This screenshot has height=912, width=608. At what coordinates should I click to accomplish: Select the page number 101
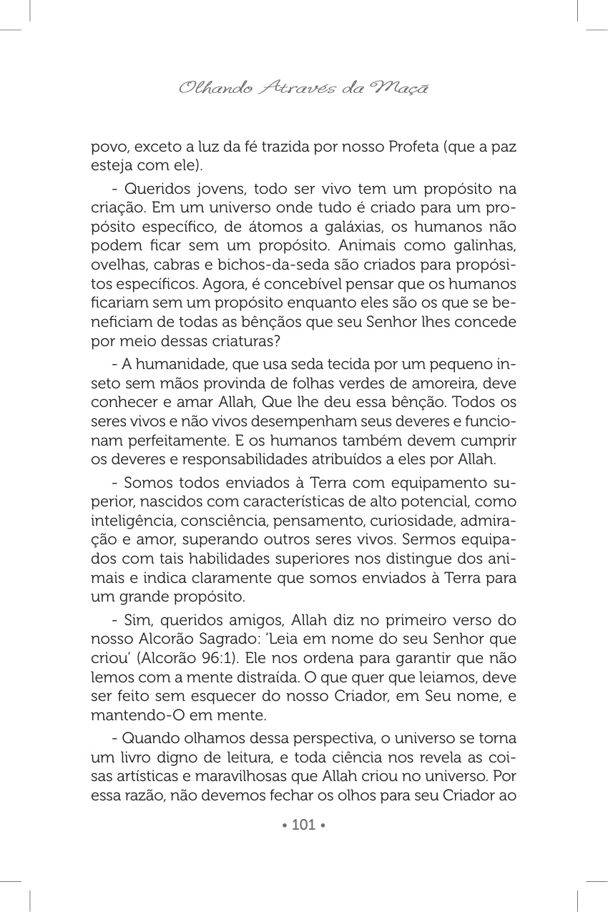point(304,825)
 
